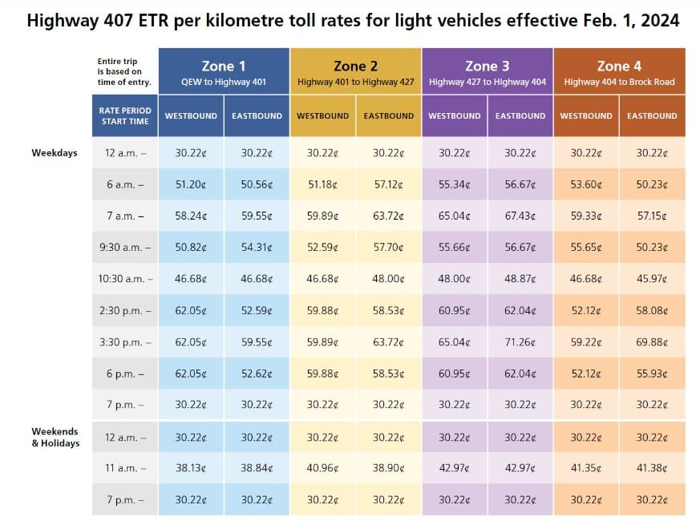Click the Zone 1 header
[x=224, y=71]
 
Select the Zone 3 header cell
[x=487, y=71]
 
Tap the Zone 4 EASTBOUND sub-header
[x=651, y=115]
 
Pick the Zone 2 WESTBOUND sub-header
[x=322, y=115]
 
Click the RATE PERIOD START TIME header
[x=124, y=115]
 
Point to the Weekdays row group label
[x=55, y=152]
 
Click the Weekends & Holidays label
[x=55, y=437]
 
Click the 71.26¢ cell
[x=520, y=342]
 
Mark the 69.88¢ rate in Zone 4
[x=651, y=342]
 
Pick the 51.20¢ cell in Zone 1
[x=191, y=184]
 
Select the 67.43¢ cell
[x=520, y=216]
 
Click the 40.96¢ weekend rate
[x=322, y=468]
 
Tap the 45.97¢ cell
[x=651, y=279]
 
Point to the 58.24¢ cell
[x=191, y=216]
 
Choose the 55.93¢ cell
[x=651, y=374]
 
